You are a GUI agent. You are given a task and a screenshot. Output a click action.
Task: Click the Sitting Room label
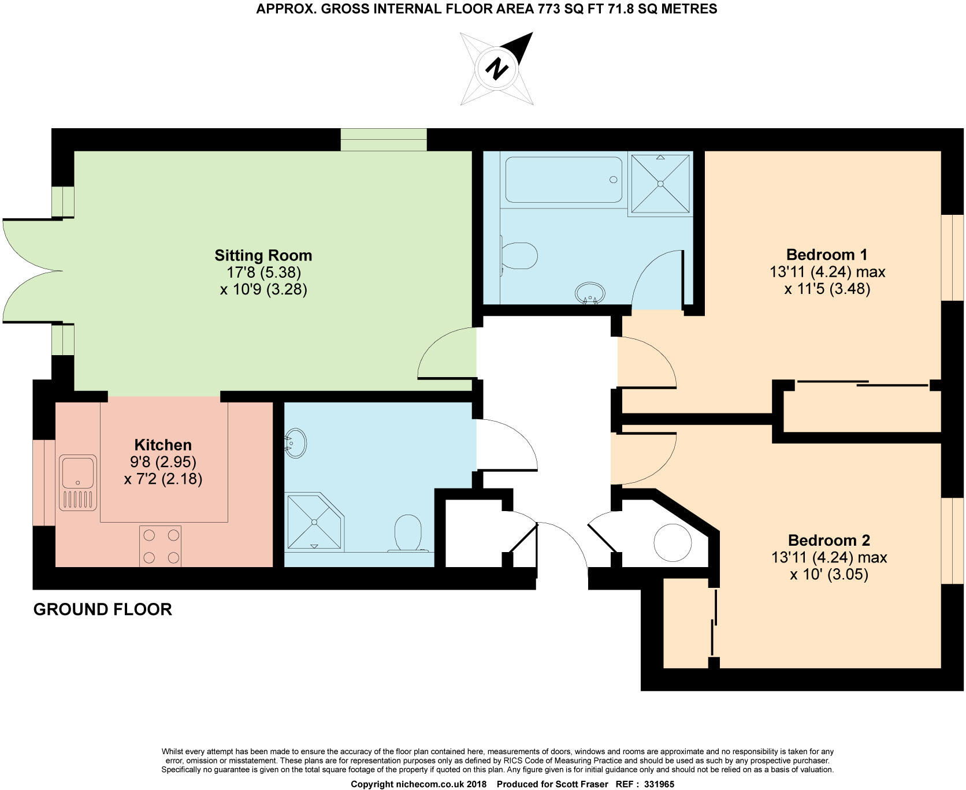(263, 255)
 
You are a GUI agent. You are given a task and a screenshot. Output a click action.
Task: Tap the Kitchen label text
(163, 445)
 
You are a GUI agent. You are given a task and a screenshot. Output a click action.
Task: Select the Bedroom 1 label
(827, 255)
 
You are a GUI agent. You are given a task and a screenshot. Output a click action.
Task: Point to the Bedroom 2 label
(828, 541)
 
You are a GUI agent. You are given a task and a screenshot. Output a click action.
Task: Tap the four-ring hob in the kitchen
(161, 546)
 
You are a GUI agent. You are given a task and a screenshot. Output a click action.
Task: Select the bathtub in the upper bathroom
(563, 180)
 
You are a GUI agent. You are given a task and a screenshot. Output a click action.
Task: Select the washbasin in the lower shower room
(296, 444)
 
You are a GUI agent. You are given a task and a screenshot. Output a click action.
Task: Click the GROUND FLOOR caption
(103, 609)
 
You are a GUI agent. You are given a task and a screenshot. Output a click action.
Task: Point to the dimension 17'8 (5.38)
(264, 272)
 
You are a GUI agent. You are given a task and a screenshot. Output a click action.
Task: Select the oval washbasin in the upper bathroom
(590, 292)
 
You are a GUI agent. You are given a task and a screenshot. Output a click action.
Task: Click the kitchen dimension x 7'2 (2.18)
(163, 479)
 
